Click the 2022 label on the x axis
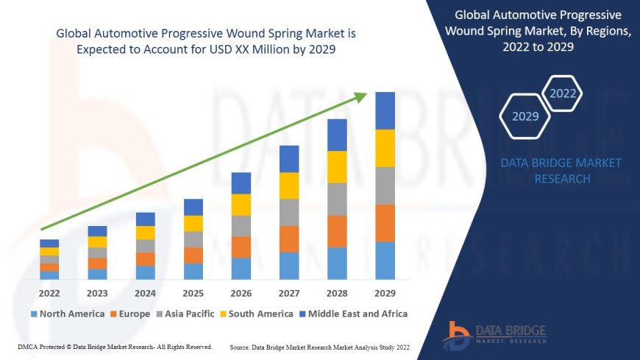pos(49,292)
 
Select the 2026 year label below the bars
pos(241,292)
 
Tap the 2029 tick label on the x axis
pos(385,292)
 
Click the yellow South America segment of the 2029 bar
pos(385,148)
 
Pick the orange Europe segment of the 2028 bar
pos(337,231)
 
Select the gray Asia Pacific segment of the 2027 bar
pos(289,212)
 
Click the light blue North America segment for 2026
pos(241,269)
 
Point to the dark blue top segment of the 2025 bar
pos(193,207)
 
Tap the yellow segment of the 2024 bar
pos(146,233)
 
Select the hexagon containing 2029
pos(525,116)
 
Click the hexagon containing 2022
pos(563,93)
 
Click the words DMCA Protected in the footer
pos(45,346)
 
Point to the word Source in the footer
pos(242,347)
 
